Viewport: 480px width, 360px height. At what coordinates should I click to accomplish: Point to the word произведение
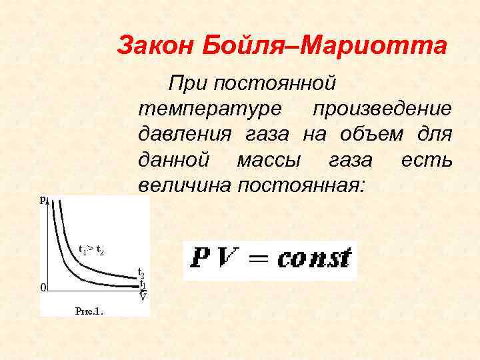(x=383, y=108)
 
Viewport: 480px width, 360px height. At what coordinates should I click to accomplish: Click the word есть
(x=427, y=160)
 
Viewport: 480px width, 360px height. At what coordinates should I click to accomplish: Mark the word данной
(x=173, y=160)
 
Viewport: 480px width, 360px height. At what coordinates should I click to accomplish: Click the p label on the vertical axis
(x=43, y=199)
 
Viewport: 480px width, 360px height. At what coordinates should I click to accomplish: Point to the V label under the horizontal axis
(x=142, y=297)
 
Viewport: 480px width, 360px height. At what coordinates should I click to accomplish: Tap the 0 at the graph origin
(x=43, y=288)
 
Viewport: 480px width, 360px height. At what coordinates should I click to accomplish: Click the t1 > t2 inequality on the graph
(x=91, y=250)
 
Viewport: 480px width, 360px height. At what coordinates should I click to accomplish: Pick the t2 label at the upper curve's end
(x=141, y=273)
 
